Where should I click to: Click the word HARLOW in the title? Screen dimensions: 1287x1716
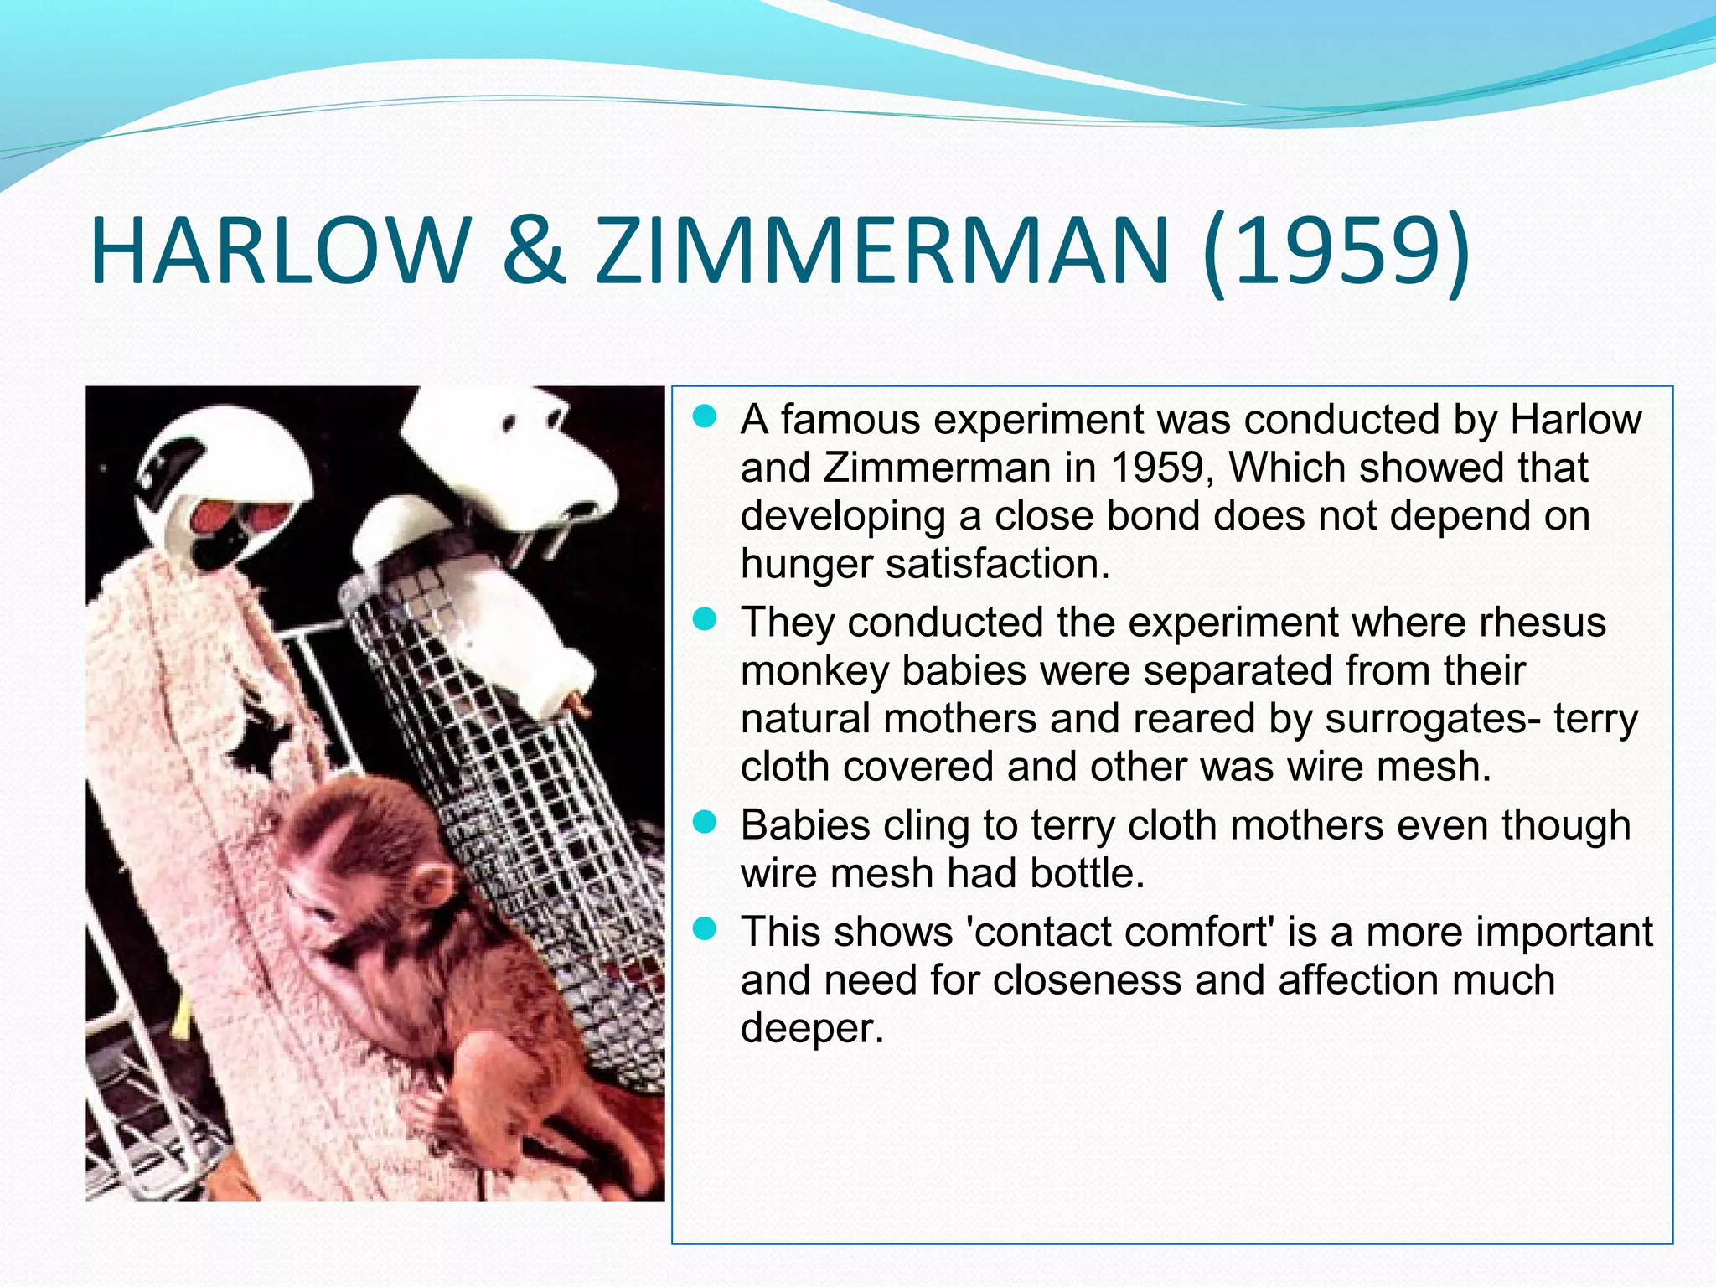[x=280, y=251]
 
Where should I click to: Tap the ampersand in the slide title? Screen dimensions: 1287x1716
[x=533, y=251]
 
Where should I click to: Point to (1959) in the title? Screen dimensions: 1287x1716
[x=1336, y=251]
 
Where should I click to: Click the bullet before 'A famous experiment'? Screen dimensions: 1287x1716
[x=706, y=416]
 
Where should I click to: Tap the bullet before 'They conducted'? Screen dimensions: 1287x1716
[x=706, y=620]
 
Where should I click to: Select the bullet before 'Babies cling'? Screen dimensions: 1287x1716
[x=706, y=823]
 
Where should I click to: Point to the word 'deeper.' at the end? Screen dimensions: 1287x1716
[x=812, y=1028]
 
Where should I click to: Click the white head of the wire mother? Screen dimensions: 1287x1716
[x=511, y=452]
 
